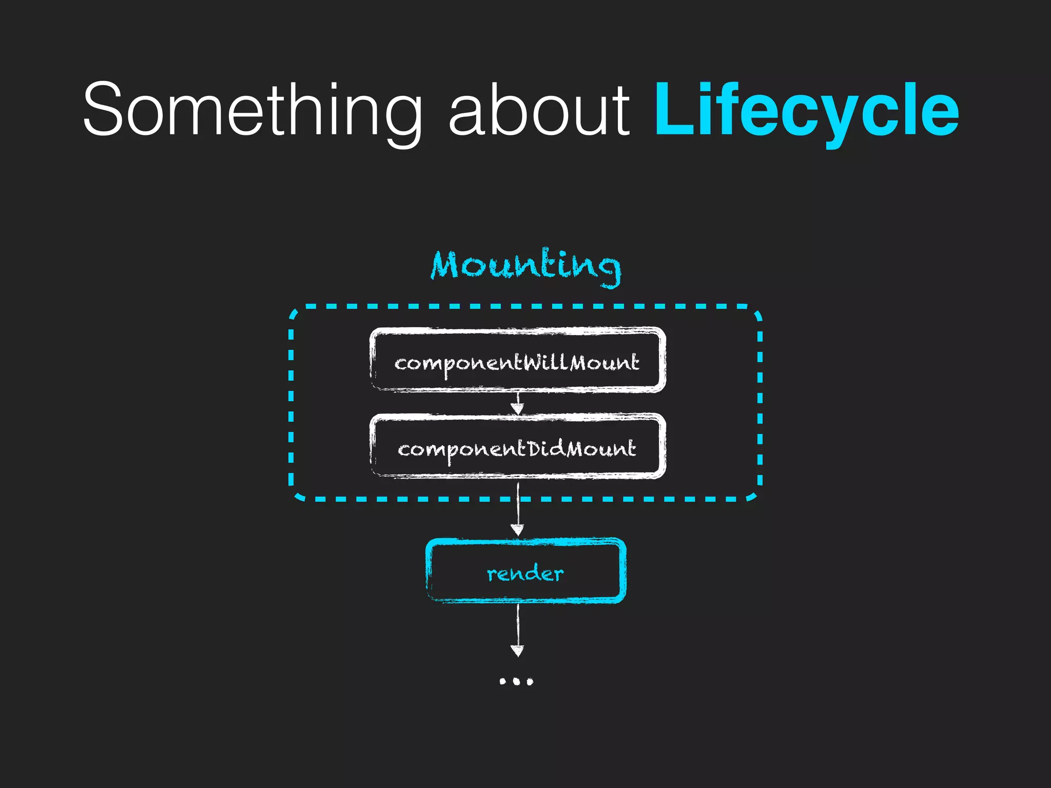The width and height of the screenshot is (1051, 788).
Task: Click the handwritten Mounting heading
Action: (525, 267)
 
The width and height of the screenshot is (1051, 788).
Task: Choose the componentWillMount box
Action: (517, 360)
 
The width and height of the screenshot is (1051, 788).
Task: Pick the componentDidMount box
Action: (517, 446)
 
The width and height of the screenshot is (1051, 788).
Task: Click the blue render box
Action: (525, 570)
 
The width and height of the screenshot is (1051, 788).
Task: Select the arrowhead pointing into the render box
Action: (517, 530)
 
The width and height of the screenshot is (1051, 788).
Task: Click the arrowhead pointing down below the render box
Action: (517, 651)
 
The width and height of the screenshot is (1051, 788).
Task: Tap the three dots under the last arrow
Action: (516, 681)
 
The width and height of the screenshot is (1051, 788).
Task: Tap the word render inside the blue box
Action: (525, 573)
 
